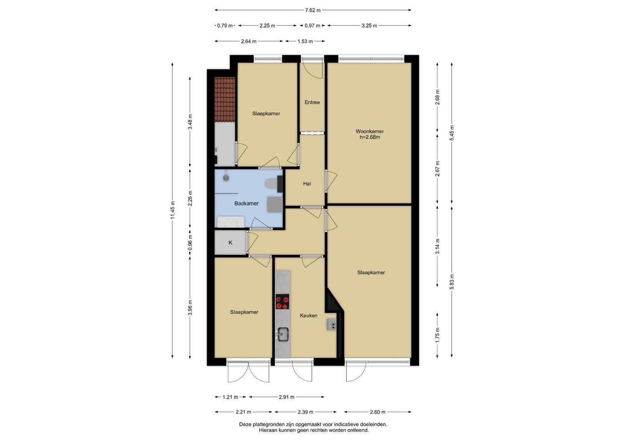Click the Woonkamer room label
[370, 131]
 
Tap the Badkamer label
[246, 203]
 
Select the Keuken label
[309, 315]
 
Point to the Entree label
[312, 102]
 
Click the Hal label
[307, 184]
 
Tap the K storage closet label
[230, 243]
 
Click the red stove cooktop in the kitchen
[282, 302]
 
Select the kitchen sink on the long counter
[282, 334]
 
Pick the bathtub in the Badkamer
[230, 222]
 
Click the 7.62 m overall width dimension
[313, 10]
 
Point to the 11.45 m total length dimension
[173, 210]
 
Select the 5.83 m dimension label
[452, 281]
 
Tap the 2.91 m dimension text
[286, 397]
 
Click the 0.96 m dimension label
[190, 243]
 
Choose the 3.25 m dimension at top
[369, 26]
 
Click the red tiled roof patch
[225, 99]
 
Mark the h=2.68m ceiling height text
[370, 137]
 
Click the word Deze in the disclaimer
[245, 425]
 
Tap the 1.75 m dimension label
[437, 337]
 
